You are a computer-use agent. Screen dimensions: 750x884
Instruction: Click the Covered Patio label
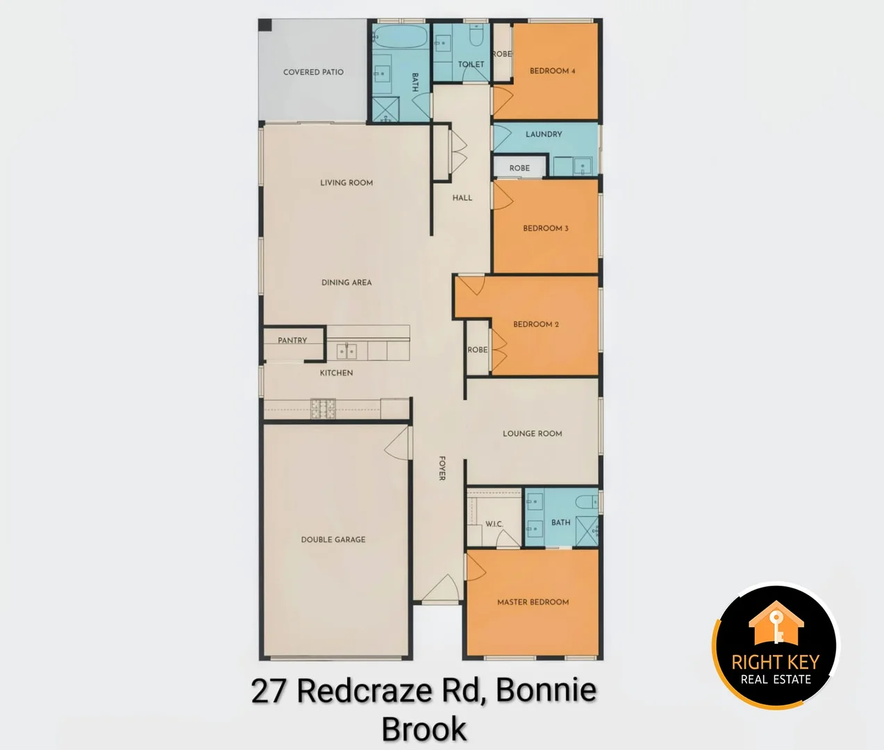point(313,72)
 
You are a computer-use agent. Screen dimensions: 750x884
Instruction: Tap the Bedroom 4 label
point(552,71)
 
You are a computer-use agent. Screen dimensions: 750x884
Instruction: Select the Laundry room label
point(544,134)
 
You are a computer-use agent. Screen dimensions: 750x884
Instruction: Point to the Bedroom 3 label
point(546,228)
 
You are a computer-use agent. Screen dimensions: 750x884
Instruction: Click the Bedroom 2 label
point(536,324)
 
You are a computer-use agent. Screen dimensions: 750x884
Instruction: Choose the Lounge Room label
point(533,433)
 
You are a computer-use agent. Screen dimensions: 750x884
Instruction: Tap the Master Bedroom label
point(533,602)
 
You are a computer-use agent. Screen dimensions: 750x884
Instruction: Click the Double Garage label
point(333,540)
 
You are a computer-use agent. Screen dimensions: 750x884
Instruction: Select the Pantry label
point(292,340)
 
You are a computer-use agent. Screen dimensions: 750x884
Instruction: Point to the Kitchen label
point(336,373)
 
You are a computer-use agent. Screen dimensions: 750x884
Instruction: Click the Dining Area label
point(347,283)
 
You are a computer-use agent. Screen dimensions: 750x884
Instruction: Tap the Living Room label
point(347,183)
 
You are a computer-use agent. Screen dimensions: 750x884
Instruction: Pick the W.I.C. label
point(494,524)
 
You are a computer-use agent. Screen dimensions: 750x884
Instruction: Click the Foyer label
point(442,468)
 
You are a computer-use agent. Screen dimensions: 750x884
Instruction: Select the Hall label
point(462,198)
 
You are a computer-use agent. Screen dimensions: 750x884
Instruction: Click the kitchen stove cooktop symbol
point(322,408)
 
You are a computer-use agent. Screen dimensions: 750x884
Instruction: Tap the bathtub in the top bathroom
point(401,37)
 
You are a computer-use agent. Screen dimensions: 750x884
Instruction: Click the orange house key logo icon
point(776,624)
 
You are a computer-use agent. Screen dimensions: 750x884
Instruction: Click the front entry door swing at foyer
point(440,591)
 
